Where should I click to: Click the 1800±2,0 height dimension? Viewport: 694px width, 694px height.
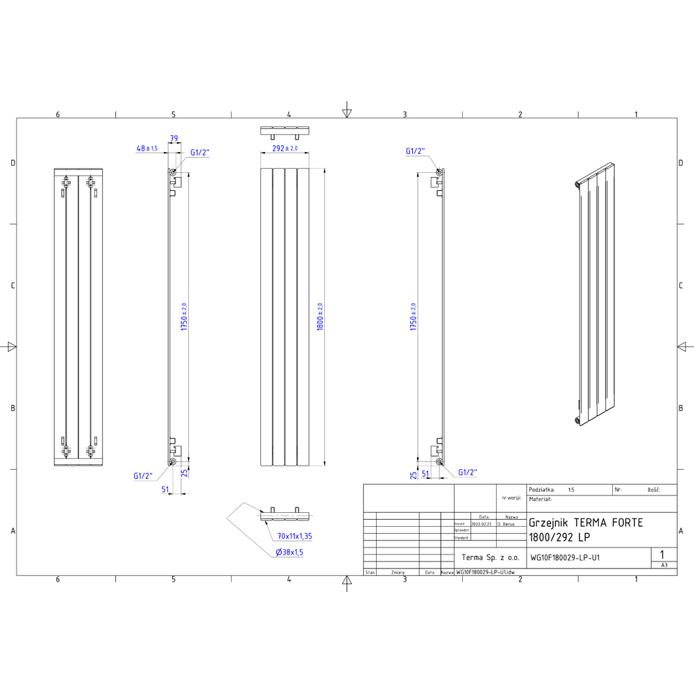[320, 316]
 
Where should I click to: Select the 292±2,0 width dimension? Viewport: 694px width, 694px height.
[285, 149]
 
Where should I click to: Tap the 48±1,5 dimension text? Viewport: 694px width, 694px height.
[147, 149]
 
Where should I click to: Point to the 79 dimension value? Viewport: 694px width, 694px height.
[174, 139]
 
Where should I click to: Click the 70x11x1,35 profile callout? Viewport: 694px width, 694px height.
[294, 536]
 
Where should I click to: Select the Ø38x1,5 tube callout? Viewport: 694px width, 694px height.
[289, 552]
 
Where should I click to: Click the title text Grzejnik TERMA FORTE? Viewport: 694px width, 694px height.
[586, 523]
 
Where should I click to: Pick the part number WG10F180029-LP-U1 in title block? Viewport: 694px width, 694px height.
[565, 557]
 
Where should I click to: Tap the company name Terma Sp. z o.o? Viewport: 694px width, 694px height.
[490, 557]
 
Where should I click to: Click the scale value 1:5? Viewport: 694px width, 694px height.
[571, 489]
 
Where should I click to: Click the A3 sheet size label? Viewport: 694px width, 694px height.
[664, 565]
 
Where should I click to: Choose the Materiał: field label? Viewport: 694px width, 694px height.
[540, 499]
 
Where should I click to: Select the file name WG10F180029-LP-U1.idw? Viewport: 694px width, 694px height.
[485, 573]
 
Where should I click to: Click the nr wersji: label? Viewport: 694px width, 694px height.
[511, 498]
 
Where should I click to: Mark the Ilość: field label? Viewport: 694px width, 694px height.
[652, 489]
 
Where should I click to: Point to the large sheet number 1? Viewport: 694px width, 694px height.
[663, 554]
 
